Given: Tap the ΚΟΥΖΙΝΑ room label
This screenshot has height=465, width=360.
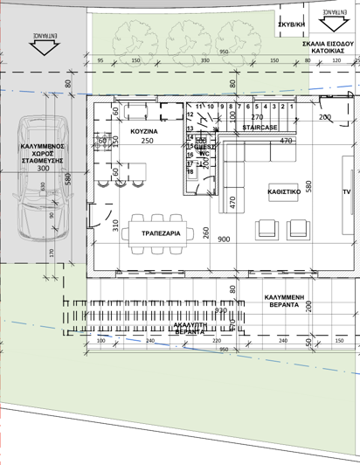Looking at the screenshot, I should [142, 130].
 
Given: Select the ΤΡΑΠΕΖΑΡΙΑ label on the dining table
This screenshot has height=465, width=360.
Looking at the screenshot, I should [160, 233].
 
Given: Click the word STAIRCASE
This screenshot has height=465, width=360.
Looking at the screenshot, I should [260, 128].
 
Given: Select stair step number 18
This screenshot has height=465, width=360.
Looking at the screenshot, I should [190, 172].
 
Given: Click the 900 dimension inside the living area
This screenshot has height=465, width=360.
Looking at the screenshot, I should [224, 239].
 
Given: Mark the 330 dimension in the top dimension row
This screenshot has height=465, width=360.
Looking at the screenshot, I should [204, 61].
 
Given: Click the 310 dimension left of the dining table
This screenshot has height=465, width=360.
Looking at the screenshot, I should [115, 225].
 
